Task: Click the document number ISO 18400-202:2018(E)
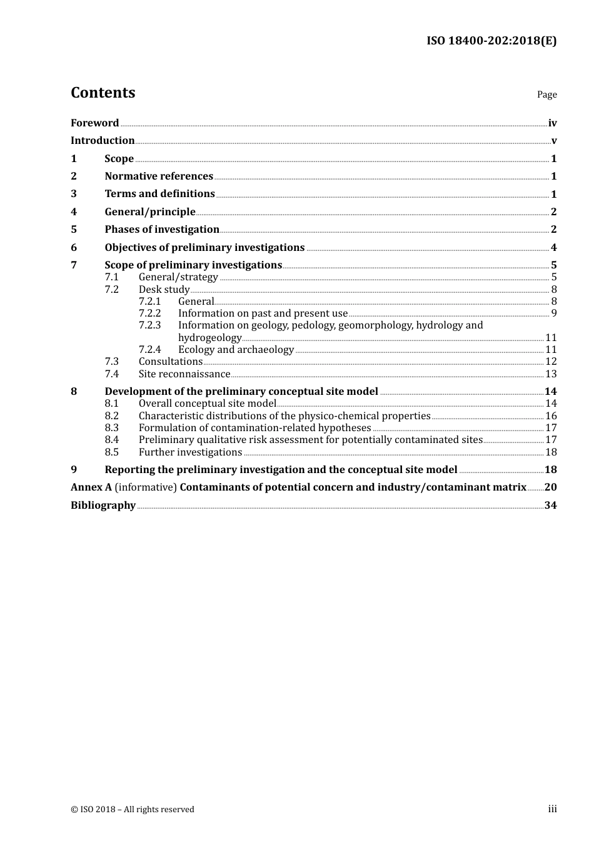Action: point(491,41)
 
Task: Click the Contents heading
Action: point(103,93)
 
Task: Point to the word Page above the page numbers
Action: point(546,94)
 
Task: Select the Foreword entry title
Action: point(94,123)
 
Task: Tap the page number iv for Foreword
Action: point(552,123)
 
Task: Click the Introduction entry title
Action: point(103,141)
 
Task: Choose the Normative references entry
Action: point(159,176)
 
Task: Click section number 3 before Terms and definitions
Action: point(74,194)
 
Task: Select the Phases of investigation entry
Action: point(162,230)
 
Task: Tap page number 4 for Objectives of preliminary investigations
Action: point(553,248)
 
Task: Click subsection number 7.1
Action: point(111,277)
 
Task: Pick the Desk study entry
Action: point(164,290)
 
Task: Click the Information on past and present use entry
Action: point(263,313)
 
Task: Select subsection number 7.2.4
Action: point(149,350)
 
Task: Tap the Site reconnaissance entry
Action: point(184,374)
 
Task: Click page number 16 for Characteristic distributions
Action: point(551,416)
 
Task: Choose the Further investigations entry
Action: point(190,452)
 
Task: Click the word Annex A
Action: point(91,487)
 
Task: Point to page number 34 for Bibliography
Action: point(550,506)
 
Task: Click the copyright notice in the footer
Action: point(133,810)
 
